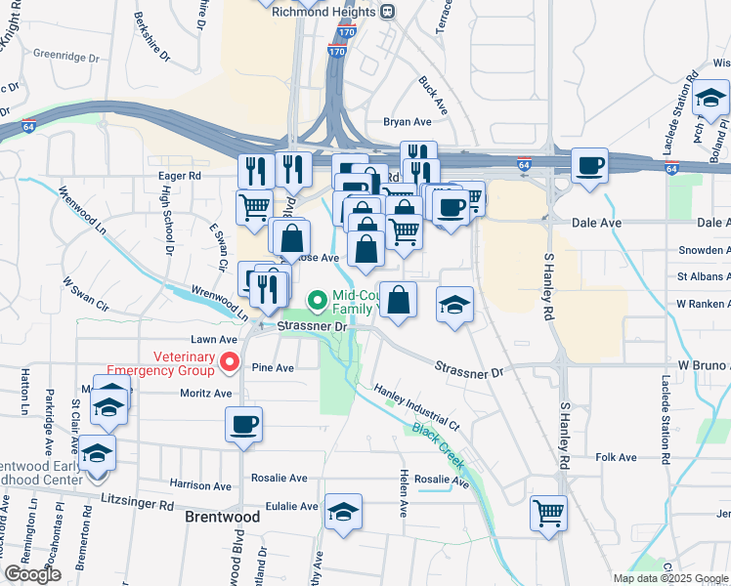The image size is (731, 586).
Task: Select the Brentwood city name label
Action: coord(223,518)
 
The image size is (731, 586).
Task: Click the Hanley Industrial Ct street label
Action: coord(415,407)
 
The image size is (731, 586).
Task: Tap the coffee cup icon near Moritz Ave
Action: coord(243,425)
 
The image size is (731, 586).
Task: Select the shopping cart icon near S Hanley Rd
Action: coord(548,511)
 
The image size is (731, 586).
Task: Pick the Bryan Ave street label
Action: coord(408,122)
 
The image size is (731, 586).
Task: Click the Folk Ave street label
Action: coord(616,457)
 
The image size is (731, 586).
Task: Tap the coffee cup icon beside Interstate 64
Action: coord(589,165)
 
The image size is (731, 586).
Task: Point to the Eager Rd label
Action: coord(179,176)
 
